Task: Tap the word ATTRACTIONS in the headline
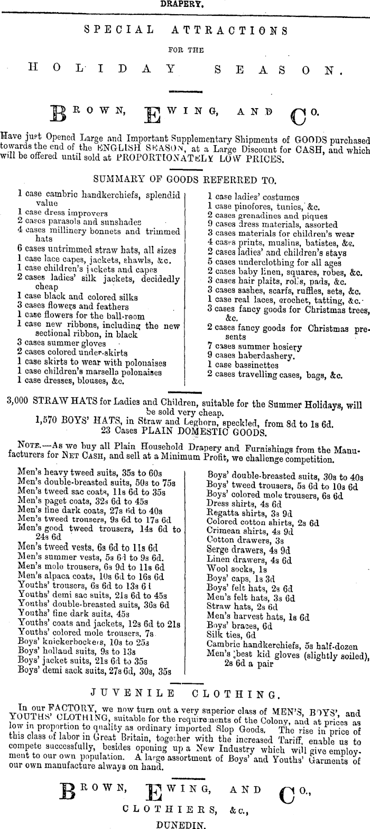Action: [x=230, y=31]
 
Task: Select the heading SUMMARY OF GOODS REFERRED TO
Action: [x=184, y=180]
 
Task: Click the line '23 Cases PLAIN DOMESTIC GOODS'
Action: [x=183, y=432]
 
